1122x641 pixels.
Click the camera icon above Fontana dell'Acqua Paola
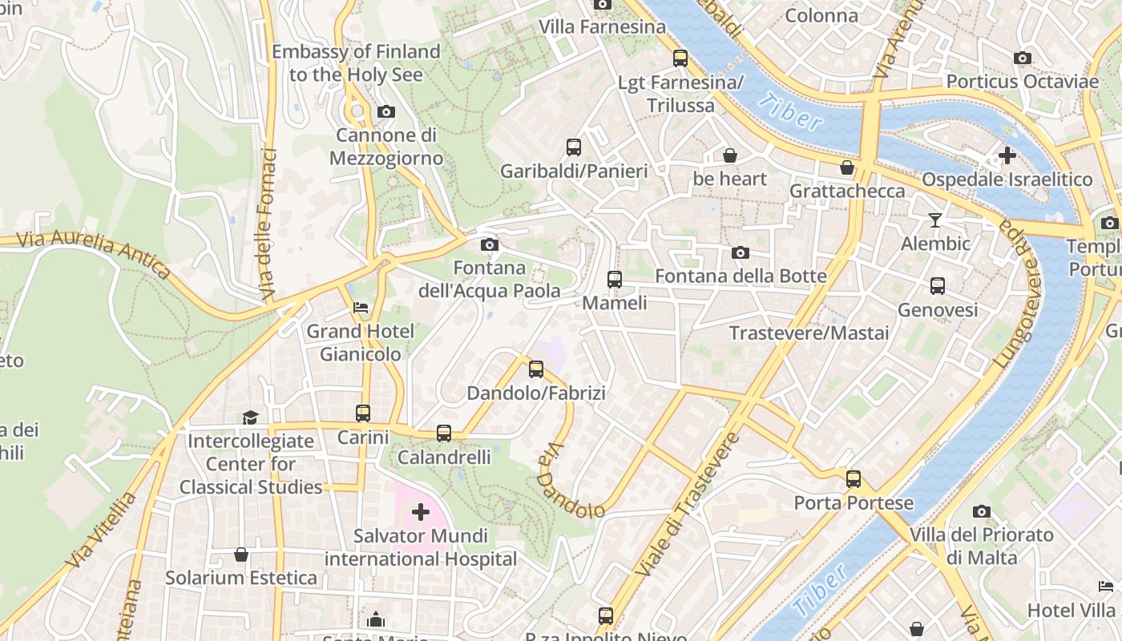[490, 244]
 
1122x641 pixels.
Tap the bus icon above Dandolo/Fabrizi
[536, 369]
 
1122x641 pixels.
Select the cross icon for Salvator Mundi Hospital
[421, 511]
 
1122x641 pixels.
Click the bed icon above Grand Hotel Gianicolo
[361, 307]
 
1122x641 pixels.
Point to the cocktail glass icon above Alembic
[935, 220]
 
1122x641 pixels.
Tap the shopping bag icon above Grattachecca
[847, 167]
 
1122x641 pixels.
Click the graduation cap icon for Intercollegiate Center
[251, 417]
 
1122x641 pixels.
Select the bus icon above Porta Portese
[854, 479]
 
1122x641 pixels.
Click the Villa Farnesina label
[602, 26]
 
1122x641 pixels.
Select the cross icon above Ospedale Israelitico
[1007, 155]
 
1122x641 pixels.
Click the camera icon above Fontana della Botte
[741, 252]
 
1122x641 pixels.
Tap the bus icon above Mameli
[615, 280]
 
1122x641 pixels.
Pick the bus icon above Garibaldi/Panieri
[574, 147]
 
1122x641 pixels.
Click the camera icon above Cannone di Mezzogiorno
[386, 111]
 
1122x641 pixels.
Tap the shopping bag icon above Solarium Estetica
[241, 554]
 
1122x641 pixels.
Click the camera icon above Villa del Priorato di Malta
[982, 511]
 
